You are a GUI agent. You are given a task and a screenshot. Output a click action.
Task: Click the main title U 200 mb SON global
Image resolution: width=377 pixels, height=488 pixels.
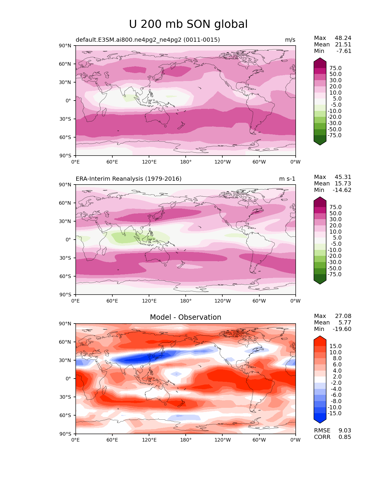click(188, 24)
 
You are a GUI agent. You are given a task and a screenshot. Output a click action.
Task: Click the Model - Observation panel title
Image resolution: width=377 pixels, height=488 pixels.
click(185, 317)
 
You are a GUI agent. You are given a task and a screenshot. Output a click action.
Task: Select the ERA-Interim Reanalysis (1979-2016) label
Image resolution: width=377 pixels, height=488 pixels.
click(129, 179)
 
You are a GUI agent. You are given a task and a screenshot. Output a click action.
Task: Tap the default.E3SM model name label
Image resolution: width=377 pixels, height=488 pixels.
click(148, 40)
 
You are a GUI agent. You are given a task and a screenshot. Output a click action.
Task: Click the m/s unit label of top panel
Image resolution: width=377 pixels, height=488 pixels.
click(290, 40)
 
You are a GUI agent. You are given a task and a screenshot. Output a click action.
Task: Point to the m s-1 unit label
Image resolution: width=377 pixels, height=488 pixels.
click(287, 179)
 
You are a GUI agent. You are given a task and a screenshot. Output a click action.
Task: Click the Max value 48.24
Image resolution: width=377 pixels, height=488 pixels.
click(343, 38)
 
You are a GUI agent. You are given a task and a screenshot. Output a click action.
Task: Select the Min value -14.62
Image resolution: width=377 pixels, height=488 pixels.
click(342, 190)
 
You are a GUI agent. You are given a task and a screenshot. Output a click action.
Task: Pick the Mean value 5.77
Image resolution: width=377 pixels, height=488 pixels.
click(345, 323)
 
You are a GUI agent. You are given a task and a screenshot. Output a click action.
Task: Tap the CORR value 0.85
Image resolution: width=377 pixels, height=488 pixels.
click(345, 437)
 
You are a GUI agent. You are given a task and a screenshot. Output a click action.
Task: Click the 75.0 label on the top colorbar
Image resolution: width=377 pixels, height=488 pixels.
click(335, 68)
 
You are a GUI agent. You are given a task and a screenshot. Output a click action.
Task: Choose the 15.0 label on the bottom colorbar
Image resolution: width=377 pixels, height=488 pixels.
click(335, 346)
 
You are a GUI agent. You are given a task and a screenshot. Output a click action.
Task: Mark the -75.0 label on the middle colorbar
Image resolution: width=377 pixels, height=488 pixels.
click(334, 274)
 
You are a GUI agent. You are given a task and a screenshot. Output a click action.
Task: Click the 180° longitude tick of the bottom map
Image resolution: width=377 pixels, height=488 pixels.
click(186, 440)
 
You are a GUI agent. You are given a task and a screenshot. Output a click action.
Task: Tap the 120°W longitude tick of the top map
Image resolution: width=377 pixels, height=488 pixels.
click(222, 162)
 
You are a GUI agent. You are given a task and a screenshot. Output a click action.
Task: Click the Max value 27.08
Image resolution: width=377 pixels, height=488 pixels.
click(343, 316)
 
